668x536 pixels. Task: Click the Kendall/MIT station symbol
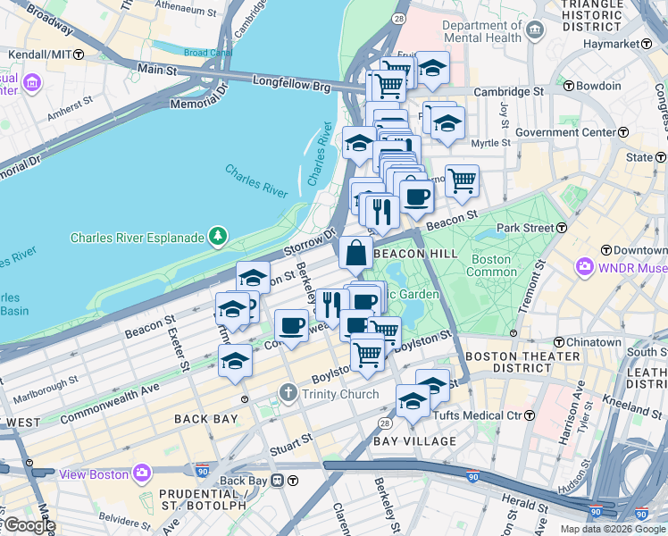coord(79,54)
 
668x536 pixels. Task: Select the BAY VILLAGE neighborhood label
coord(414,441)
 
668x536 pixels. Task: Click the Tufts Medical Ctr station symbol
coord(529,415)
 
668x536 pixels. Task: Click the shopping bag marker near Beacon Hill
coord(355,254)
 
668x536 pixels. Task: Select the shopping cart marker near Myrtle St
coord(462,180)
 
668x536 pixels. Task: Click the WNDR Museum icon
coord(587,266)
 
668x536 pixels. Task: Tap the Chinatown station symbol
coord(559,342)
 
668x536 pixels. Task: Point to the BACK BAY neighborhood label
coord(205,418)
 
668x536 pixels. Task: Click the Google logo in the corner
coord(29,525)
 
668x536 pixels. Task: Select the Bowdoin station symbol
coord(567,86)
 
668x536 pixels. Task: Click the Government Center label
coord(579,133)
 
